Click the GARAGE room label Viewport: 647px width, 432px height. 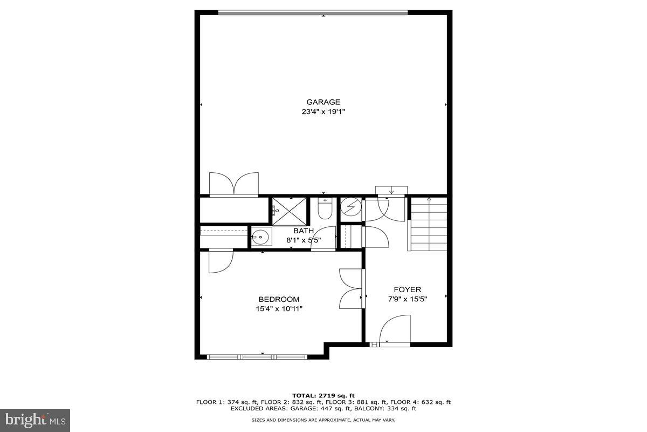323,102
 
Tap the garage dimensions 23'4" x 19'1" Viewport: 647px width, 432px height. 323,112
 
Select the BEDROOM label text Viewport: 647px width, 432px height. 279,299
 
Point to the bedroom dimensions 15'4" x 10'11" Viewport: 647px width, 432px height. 279,309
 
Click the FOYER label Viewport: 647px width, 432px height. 407,289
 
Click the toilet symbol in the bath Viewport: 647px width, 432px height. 324,208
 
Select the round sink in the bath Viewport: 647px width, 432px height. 261,237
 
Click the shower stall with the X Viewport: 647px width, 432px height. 288,211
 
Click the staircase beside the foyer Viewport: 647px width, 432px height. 429,224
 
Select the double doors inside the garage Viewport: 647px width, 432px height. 234,184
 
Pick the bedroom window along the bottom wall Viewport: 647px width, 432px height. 257,356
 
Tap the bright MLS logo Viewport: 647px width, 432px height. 35,420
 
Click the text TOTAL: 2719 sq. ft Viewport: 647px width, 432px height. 323,396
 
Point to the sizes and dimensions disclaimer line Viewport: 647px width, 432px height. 323,420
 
